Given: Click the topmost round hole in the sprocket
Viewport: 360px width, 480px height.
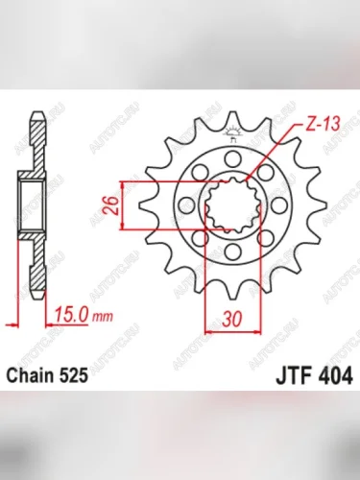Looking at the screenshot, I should coord(231,158).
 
